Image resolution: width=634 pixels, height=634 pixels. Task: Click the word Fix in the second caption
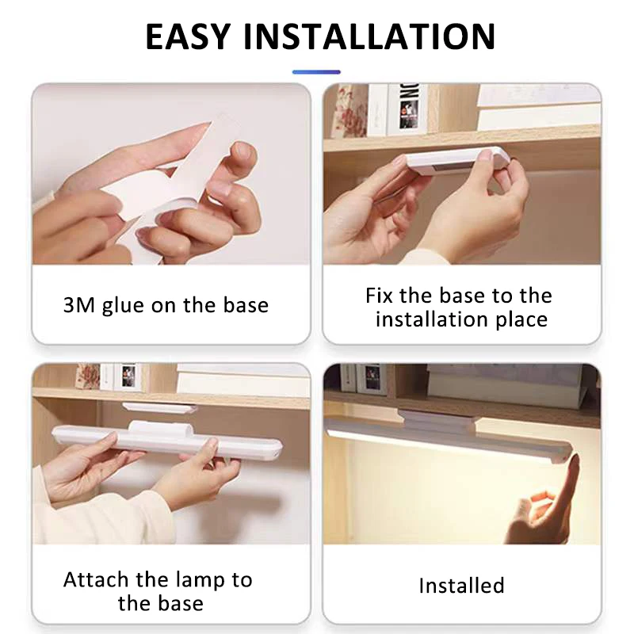point(380,296)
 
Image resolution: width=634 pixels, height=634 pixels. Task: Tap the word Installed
point(461,586)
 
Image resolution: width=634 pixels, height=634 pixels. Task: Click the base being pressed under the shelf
point(456,161)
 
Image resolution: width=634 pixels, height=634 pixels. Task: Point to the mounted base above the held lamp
point(160,407)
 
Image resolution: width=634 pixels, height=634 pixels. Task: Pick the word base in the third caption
point(178,603)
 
